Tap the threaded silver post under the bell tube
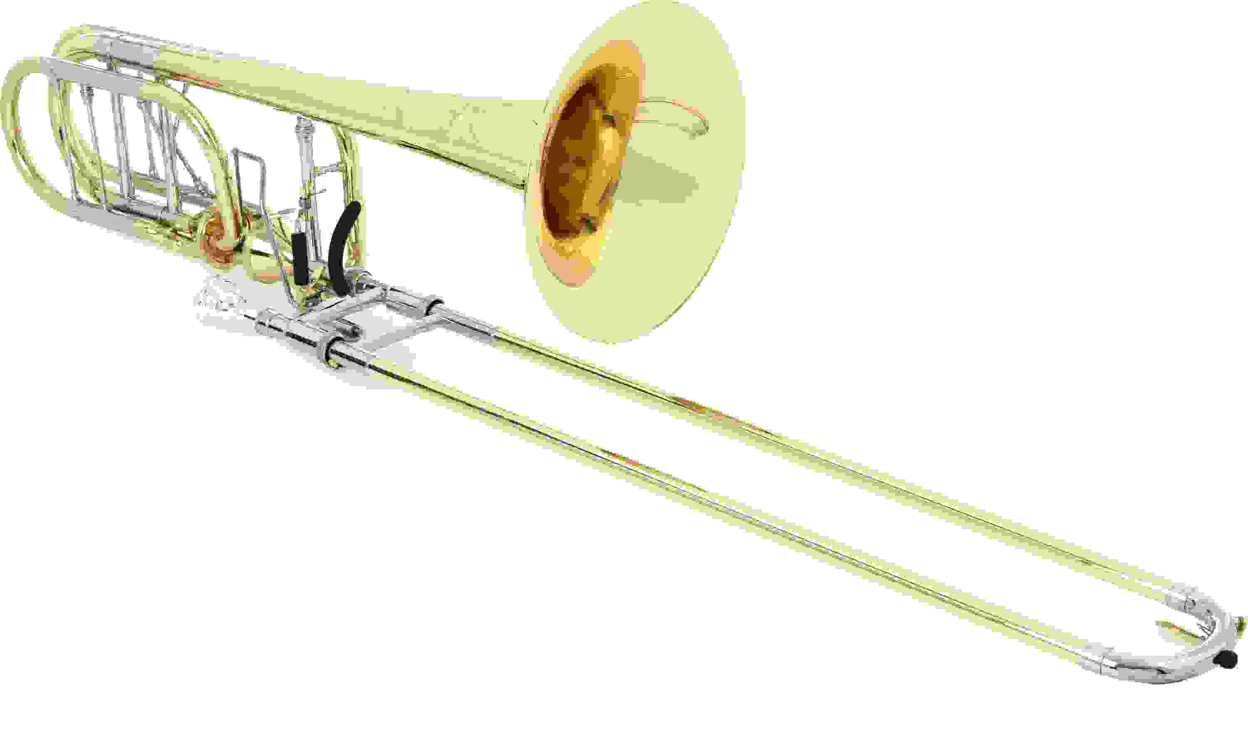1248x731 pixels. click(x=302, y=144)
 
